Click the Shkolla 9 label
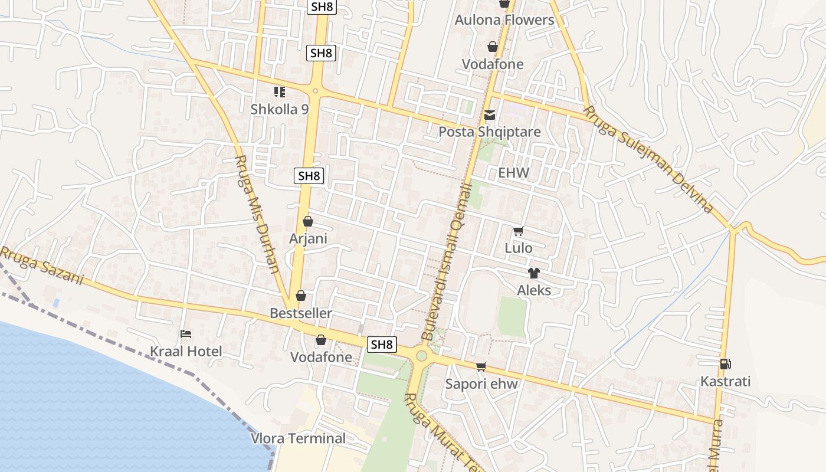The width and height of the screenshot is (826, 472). point(280,109)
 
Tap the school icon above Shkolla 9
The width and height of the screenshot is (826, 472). point(280,91)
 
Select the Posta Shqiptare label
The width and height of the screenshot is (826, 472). point(489,132)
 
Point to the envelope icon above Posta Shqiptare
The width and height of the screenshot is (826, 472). point(490,115)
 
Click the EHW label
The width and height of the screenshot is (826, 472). point(514,173)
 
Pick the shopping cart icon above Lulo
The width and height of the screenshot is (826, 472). point(518,231)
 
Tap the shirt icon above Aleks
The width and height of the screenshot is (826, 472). point(533,273)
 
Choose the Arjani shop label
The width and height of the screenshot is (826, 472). point(308,238)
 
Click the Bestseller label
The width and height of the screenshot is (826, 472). point(301,313)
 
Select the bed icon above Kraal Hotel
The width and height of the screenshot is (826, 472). point(186,334)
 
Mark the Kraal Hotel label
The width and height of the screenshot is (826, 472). point(186,352)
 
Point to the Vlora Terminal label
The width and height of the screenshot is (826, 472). point(299,438)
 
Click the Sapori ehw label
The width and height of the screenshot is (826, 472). point(481,384)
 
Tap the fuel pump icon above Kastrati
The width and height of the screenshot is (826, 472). point(725,364)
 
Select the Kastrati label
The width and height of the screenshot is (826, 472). point(725,382)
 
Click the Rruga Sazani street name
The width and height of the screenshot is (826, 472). point(41,266)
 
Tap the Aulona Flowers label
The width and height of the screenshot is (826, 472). point(504,20)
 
